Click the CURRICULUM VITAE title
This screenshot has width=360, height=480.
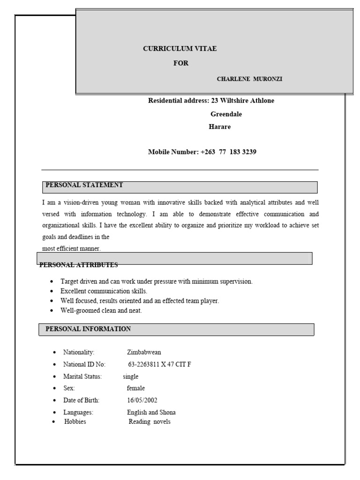[180, 49]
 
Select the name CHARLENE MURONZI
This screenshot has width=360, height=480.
[249, 79]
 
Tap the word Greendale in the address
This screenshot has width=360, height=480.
[226, 114]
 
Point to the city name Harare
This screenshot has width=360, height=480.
[219, 127]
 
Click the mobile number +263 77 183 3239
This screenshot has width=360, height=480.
[228, 152]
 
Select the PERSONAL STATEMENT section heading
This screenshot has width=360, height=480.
[84, 185]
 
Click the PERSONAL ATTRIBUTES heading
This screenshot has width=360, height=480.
[79, 265]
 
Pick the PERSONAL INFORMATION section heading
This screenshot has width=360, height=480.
[88, 329]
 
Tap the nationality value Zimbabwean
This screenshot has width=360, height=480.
[144, 352]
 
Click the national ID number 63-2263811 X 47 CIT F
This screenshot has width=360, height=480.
[159, 364]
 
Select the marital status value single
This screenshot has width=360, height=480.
[131, 376]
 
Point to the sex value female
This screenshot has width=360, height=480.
[136, 388]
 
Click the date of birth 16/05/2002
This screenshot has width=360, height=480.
[142, 400]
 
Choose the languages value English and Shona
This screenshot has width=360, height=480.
[151, 412]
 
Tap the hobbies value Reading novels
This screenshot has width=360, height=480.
[150, 421]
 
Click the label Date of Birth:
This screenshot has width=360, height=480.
[82, 400]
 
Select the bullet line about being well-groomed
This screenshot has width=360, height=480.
[101, 310]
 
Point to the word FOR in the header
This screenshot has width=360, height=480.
[181, 63]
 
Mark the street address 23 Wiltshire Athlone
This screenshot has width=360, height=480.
[243, 101]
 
